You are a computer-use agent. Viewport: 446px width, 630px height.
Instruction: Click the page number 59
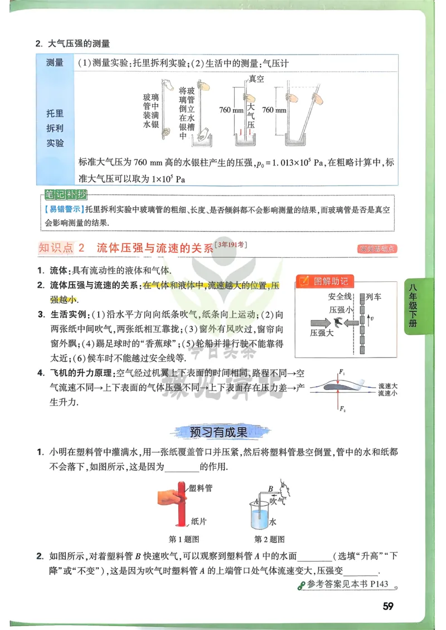click(x=388, y=606)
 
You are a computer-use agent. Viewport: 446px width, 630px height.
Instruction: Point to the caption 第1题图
click(x=184, y=539)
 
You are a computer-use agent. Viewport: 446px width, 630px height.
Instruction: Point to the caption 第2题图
click(x=269, y=539)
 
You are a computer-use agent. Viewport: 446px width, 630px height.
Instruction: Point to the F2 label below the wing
click(x=342, y=409)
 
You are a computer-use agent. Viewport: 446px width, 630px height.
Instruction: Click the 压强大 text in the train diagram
click(x=322, y=331)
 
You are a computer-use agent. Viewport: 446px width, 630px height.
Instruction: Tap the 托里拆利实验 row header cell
click(x=55, y=128)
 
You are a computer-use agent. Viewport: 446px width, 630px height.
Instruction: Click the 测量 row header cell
click(x=55, y=63)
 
